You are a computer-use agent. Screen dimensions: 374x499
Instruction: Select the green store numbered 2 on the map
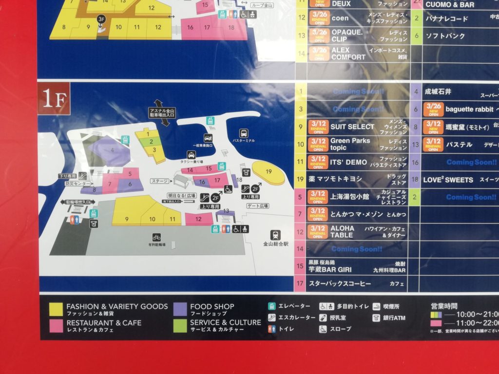point(152,142)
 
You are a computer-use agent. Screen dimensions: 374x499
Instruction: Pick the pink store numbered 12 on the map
point(198,219)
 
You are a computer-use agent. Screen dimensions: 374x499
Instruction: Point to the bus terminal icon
point(244,133)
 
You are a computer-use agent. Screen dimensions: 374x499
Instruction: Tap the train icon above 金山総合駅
point(275,235)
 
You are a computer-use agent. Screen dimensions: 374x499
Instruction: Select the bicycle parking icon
point(156,237)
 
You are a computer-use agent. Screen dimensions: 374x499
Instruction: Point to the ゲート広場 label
point(258,206)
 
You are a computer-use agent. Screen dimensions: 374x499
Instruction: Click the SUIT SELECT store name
point(352,127)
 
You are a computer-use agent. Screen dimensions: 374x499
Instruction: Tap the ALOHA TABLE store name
point(343,231)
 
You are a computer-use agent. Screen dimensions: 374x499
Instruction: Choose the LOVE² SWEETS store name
point(448,180)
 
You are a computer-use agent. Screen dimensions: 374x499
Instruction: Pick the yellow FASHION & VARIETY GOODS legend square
point(56,309)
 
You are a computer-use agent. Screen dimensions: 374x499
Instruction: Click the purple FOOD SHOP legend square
point(180,309)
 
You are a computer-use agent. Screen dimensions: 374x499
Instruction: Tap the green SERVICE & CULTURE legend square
point(180,325)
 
